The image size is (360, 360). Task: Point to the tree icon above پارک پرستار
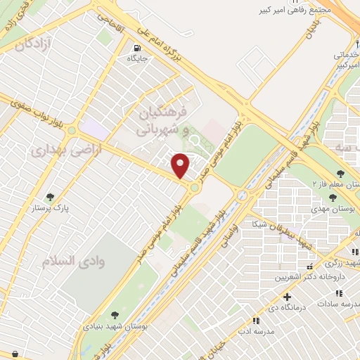(x=49, y=198)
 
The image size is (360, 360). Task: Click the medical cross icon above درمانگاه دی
(x=287, y=297)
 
